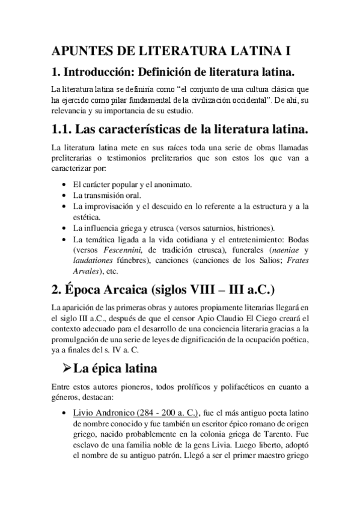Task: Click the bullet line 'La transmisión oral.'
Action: (x=106, y=195)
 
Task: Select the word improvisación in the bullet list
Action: (x=112, y=206)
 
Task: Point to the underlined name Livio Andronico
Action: (x=106, y=414)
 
